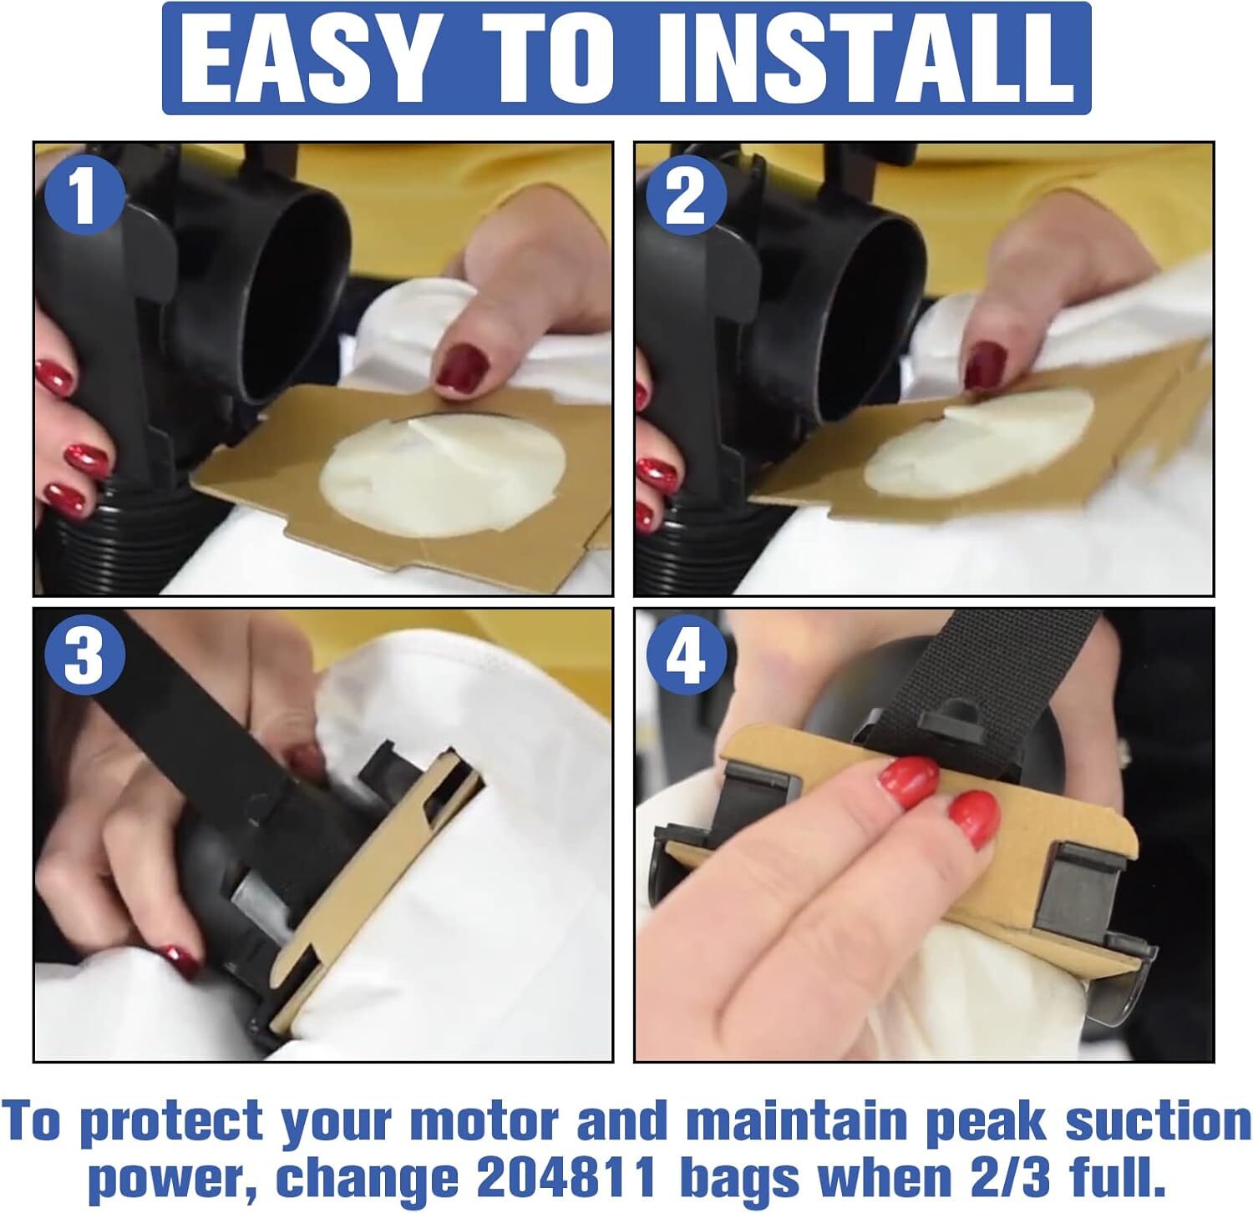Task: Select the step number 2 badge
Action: [x=685, y=198]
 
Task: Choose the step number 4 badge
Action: [x=687, y=657]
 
